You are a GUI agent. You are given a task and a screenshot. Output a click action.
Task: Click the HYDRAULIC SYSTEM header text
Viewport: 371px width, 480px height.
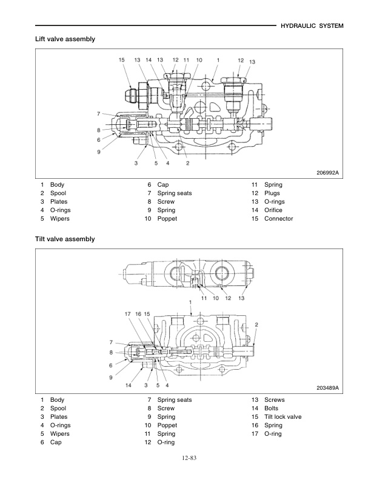(313, 26)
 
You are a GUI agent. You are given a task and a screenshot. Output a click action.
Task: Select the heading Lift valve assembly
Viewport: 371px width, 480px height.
(65, 39)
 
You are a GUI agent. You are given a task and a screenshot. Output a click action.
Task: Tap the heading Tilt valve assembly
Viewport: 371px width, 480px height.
(65, 239)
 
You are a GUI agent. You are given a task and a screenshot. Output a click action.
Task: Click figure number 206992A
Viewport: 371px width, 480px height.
(327, 173)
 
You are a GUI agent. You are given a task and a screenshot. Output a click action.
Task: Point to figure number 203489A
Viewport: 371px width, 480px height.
(327, 388)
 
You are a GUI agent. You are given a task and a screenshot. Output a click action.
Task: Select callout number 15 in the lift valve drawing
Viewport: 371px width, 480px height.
(121, 60)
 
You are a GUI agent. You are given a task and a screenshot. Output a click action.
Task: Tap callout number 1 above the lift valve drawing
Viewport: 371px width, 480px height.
(218, 60)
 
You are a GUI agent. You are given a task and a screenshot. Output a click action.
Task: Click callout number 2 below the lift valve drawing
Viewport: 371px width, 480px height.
(188, 163)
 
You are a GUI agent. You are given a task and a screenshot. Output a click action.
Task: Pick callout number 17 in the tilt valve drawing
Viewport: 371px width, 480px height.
(128, 313)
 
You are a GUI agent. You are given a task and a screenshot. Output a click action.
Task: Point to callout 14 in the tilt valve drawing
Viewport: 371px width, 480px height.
(129, 385)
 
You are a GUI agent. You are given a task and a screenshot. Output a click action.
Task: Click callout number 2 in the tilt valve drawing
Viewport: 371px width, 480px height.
(256, 325)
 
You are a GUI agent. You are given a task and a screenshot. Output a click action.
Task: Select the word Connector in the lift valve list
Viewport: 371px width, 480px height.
(278, 219)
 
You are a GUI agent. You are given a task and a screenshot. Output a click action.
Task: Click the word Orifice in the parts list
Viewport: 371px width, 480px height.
(273, 210)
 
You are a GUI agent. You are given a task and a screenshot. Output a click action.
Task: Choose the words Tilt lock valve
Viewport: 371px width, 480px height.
(282, 417)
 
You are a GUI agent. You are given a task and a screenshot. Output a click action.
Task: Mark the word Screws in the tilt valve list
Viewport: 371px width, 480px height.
(274, 400)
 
